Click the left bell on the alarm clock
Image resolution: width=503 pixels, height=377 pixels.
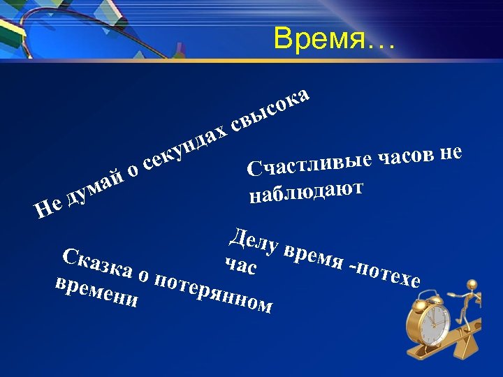(419, 305)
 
